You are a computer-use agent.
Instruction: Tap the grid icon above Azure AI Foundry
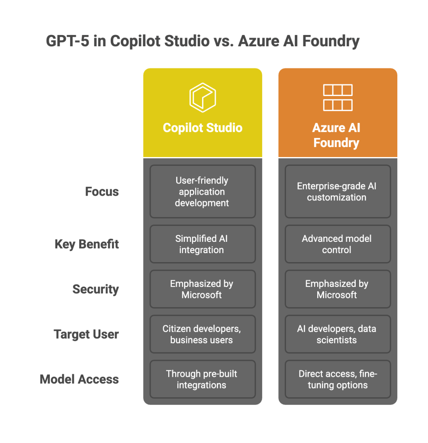(x=338, y=97)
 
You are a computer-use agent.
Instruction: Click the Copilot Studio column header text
(x=203, y=128)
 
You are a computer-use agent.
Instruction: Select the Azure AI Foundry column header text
(x=336, y=135)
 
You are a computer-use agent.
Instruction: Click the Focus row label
(x=102, y=192)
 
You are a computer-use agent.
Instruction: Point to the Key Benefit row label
(x=87, y=244)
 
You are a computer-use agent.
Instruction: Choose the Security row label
(x=96, y=289)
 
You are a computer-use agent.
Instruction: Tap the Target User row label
(x=86, y=334)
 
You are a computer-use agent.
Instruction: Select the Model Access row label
(x=79, y=379)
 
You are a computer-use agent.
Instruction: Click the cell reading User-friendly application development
(x=203, y=192)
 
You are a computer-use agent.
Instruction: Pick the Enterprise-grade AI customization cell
(x=338, y=192)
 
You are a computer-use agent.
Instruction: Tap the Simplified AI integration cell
(x=203, y=244)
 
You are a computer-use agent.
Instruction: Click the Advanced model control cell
(x=338, y=244)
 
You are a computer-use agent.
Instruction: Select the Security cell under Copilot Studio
(x=203, y=289)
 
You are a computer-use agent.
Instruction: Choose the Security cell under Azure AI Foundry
(x=338, y=289)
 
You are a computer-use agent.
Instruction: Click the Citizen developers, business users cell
(x=203, y=334)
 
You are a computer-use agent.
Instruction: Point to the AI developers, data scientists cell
(x=338, y=334)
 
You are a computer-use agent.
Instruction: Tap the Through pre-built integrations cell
(x=203, y=379)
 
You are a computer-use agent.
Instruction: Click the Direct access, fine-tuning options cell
(x=338, y=379)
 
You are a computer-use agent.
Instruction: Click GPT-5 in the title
(x=67, y=41)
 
